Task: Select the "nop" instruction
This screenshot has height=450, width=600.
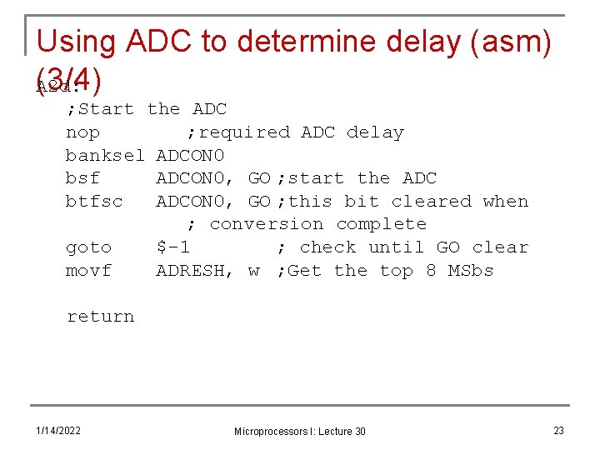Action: click(82, 132)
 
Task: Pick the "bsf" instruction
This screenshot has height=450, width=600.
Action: click(82, 178)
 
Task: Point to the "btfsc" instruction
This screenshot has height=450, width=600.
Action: click(93, 202)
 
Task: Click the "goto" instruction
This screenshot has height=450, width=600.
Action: click(88, 247)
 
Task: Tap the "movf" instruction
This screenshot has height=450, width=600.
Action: click(88, 271)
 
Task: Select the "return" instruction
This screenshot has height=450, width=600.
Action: click(100, 317)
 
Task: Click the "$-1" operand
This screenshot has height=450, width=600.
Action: click(173, 247)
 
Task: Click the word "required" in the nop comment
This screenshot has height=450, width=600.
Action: click(245, 132)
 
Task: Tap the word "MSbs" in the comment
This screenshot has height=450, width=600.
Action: click(471, 271)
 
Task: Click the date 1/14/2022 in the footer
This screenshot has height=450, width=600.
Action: click(58, 430)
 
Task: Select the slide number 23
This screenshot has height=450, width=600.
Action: click(558, 430)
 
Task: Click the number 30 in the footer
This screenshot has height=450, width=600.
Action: click(358, 432)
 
